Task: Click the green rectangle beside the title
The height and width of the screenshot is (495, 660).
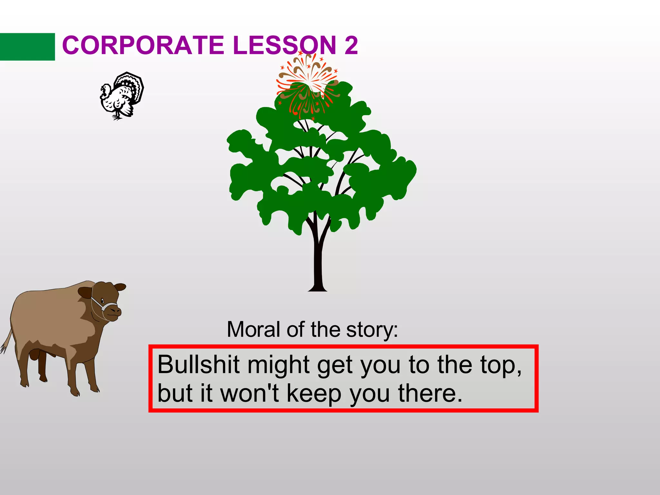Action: pos(27,47)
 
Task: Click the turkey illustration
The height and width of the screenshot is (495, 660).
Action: pos(121,96)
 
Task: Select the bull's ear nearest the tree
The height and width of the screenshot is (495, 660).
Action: pos(121,286)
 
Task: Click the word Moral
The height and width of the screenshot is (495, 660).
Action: pos(253,330)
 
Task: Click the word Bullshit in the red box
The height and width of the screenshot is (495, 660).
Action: pos(198,365)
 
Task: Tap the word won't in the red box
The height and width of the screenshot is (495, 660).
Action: pos(249,393)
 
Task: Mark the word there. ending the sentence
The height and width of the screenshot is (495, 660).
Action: pos(430,393)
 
